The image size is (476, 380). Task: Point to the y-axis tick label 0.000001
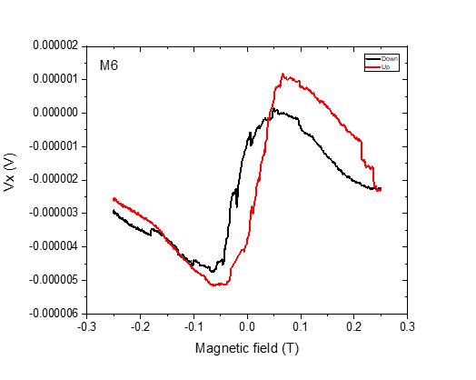pos(55,79)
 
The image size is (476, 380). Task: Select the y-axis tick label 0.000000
pos(55,113)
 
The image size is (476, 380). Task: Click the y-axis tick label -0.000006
pos(53,314)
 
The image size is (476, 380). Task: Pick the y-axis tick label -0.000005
pos(53,280)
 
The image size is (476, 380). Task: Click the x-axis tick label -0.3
pos(86,325)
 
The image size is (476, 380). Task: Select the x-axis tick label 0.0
pos(247,325)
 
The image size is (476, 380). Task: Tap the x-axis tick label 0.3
pos(407,325)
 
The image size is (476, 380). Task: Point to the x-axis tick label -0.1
pos(193,325)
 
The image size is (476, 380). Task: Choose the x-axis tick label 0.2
pos(353,325)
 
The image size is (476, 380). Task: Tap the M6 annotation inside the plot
pos(109,65)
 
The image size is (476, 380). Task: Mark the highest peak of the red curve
pos(283,75)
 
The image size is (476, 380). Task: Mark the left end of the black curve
pos(113,210)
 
